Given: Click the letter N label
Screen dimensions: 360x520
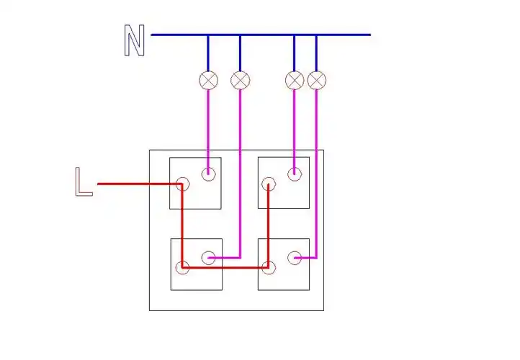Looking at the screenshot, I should click(x=135, y=41).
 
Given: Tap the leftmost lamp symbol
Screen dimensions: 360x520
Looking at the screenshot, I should click(x=209, y=80).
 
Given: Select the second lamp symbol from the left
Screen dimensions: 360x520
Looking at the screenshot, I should click(x=241, y=80).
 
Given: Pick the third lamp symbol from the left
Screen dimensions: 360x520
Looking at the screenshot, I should click(x=295, y=80).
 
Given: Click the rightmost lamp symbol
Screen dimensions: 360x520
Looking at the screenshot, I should click(x=317, y=80).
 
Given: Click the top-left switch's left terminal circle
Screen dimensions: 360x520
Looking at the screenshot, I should click(x=182, y=184).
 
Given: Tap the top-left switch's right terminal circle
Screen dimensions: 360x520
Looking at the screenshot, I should click(x=209, y=173).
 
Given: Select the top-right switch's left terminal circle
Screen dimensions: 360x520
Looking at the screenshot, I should click(x=268, y=184).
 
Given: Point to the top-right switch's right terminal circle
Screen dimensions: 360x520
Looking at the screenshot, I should click(x=294, y=173).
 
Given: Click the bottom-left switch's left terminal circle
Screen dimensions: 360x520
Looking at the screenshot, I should click(x=183, y=268).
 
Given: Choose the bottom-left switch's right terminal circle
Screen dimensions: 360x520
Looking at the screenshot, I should click(x=209, y=257).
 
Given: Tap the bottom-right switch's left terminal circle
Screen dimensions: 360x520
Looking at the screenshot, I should click(x=268, y=268).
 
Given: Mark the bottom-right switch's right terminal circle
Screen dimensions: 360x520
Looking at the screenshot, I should click(x=294, y=257).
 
